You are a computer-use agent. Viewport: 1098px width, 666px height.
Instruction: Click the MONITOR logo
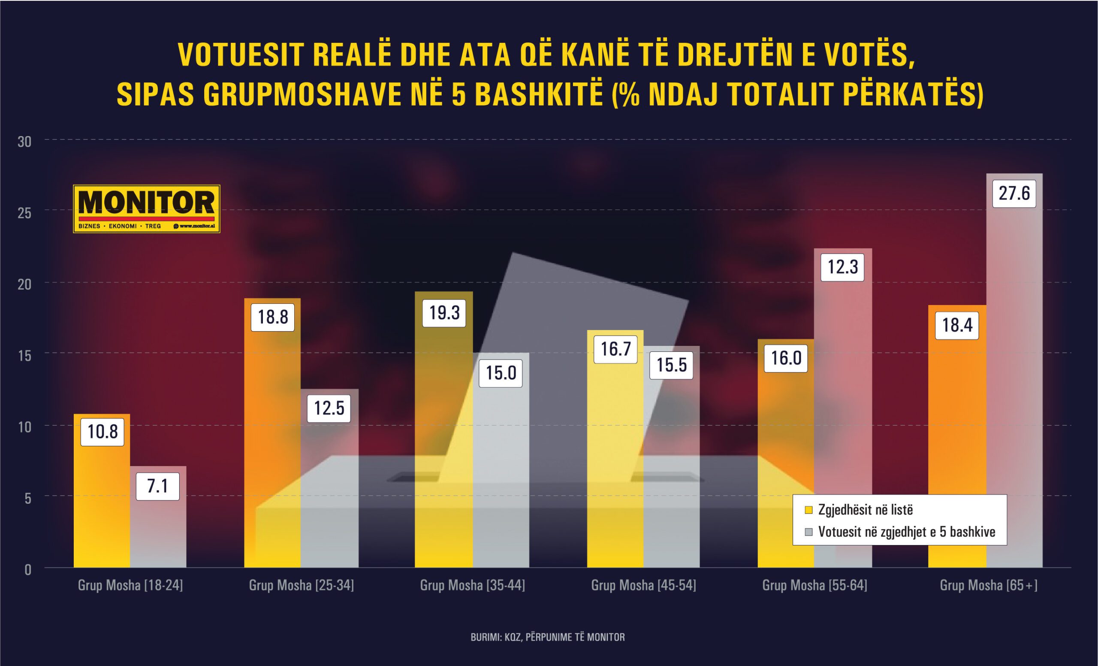pos(146,209)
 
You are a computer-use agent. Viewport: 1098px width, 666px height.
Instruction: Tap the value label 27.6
pos(1014,194)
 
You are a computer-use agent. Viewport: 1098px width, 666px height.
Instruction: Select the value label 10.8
pos(103,432)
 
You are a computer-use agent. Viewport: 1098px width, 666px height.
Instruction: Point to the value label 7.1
pos(158,486)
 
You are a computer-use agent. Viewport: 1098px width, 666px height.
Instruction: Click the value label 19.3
pos(444,313)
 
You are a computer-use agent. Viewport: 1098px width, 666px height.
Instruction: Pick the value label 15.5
pos(671,365)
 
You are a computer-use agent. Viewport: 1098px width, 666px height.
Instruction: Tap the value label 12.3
pos(842,267)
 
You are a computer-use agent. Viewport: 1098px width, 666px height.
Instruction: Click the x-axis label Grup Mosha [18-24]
pos(130,585)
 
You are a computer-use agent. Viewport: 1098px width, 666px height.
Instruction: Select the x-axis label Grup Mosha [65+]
pos(988,585)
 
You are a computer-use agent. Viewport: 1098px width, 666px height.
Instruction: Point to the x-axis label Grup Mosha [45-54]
pos(643,585)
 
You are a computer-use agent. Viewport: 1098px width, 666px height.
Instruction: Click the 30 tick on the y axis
pos(24,142)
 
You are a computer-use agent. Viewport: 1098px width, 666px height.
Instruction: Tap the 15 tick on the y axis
pos(24,356)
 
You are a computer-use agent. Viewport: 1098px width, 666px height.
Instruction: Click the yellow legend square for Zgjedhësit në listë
pos(809,510)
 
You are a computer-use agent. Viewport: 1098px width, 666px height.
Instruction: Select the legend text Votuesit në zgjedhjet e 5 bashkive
pos(906,532)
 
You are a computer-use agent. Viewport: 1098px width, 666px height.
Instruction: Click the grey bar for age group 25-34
pos(329,490)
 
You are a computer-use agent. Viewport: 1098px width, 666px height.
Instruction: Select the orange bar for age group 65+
pos(957,446)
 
